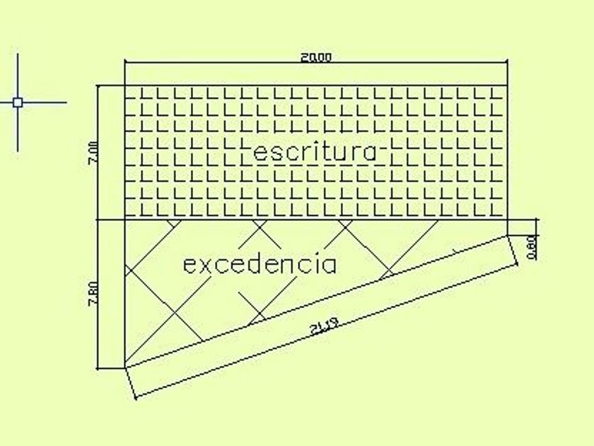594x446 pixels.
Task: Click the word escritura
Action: [315, 152]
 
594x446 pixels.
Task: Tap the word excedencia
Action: [260, 265]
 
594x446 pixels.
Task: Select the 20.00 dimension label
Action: [315, 57]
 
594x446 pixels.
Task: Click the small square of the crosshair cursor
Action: [18, 102]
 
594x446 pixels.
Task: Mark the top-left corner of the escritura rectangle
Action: [124, 86]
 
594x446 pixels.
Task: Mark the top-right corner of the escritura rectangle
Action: [508, 86]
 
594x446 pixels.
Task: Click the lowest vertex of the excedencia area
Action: [124, 368]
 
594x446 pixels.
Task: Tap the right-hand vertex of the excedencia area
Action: [508, 234]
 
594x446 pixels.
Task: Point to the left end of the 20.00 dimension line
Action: [124, 63]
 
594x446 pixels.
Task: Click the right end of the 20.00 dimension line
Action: [508, 63]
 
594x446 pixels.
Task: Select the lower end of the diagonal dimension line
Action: [134, 396]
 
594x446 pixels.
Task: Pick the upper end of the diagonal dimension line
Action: [519, 263]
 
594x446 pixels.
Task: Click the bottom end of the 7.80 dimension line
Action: [99, 368]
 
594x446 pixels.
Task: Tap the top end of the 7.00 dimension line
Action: [99, 86]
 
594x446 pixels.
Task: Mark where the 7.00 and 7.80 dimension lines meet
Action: [99, 219]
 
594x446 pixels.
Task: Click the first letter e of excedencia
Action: [189, 266]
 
